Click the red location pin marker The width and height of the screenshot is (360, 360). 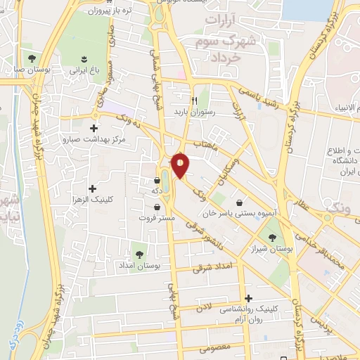(181, 164)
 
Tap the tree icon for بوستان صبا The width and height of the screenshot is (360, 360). (30, 57)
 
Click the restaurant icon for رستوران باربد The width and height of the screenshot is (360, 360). (204, 101)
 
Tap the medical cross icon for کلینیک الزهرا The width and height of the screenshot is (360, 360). (93, 188)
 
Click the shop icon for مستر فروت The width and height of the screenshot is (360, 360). (156, 207)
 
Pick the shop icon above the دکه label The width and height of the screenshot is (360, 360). (156, 181)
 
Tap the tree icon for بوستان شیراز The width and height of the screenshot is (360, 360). (272, 237)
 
